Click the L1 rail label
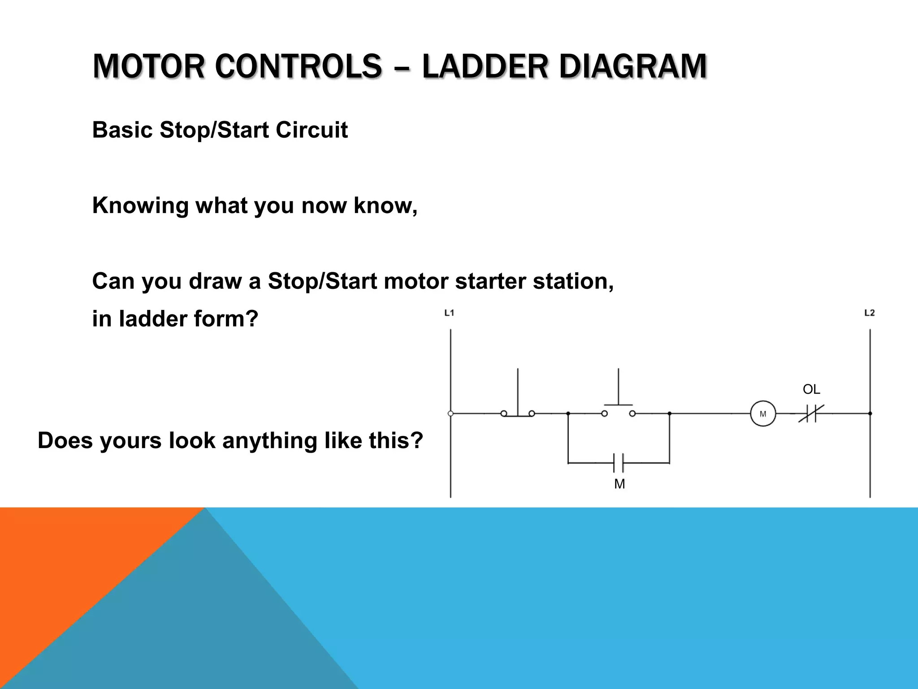click(449, 313)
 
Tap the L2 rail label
click(870, 313)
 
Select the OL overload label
click(811, 389)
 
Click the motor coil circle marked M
click(763, 414)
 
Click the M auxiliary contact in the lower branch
click(619, 462)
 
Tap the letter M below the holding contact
click(619, 484)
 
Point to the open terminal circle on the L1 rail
click(450, 414)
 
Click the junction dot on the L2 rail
click(870, 414)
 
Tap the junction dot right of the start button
click(669, 414)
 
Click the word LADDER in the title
click(485, 66)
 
